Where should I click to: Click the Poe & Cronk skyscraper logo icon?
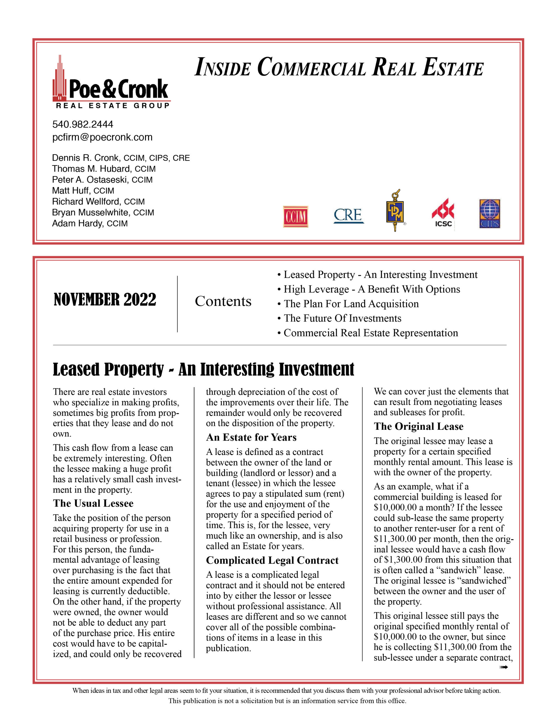click(60, 79)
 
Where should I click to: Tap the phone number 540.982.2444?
click(83, 124)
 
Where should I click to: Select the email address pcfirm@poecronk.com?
click(102, 137)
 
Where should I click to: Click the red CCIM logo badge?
click(295, 217)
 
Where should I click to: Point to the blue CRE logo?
click(348, 215)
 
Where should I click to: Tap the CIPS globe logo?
click(490, 213)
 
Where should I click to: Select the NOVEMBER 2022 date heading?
click(105, 300)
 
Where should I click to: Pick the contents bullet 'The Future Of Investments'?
click(342, 318)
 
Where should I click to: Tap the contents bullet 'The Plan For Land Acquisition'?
click(351, 304)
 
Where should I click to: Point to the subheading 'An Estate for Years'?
click(251, 437)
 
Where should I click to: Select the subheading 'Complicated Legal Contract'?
click(272, 560)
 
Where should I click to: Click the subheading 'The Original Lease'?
click(418, 426)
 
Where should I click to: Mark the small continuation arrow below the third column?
click(503, 667)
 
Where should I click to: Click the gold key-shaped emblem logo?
click(395, 211)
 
